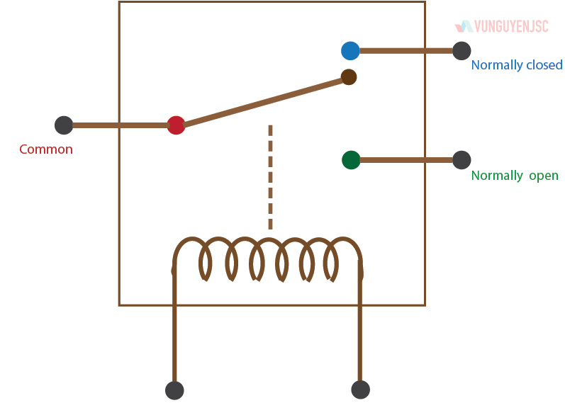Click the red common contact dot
pyautogui.click(x=176, y=125)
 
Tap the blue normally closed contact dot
pyautogui.click(x=350, y=51)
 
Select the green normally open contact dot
pyautogui.click(x=351, y=160)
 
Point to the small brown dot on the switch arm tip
pyautogui.click(x=348, y=77)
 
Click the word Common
pyautogui.click(x=46, y=149)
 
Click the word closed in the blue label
pyautogui.click(x=544, y=65)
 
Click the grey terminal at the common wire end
pyautogui.click(x=64, y=125)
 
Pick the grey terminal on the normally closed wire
pyautogui.click(x=461, y=51)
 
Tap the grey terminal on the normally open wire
pyautogui.click(x=461, y=160)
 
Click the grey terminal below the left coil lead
pyautogui.click(x=174, y=390)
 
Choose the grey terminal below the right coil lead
pyautogui.click(x=360, y=390)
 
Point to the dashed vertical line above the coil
pyautogui.click(x=270, y=177)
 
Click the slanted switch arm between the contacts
pyautogui.click(x=262, y=102)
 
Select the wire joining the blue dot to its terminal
pyautogui.click(x=405, y=51)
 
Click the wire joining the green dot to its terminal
pyautogui.click(x=405, y=160)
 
